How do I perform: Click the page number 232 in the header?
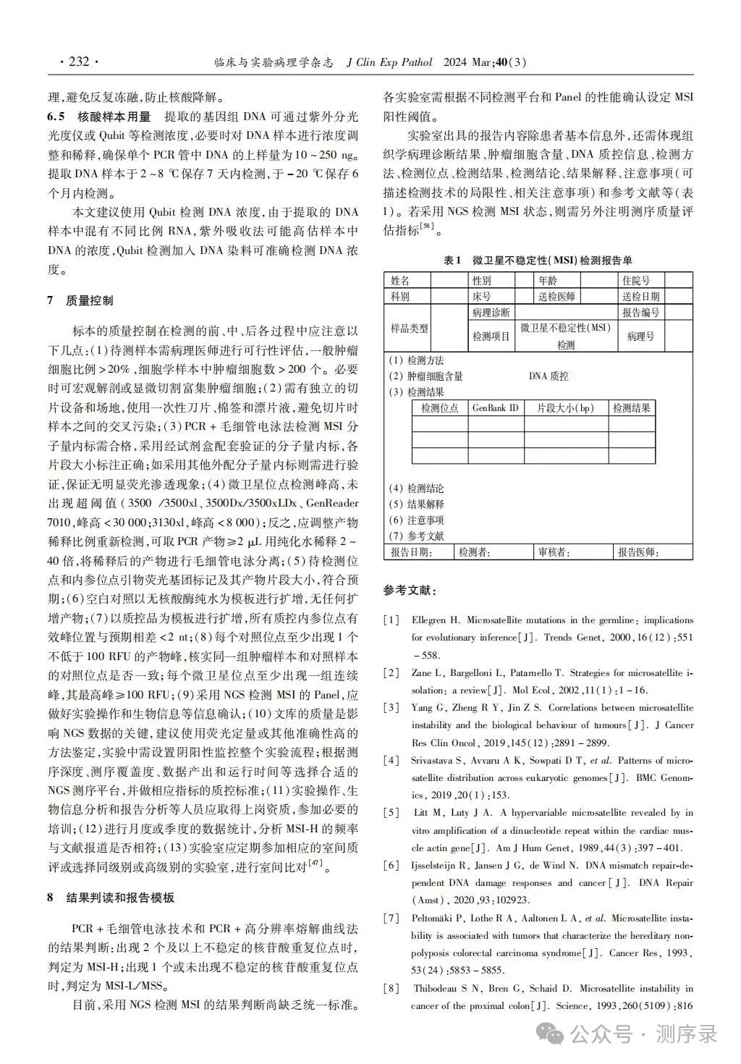(x=78, y=62)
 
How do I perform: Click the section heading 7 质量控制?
(x=80, y=300)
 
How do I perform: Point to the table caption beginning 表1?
(x=537, y=261)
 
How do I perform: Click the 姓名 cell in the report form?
(x=400, y=280)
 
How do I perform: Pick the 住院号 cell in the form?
(x=635, y=280)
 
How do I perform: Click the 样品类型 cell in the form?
(x=410, y=328)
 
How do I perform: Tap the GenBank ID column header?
(x=496, y=408)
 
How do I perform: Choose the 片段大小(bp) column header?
(x=565, y=408)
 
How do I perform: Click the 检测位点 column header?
(x=439, y=408)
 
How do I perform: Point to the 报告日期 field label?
(x=411, y=552)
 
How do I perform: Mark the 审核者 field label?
(x=554, y=552)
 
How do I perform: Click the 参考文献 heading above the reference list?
(x=410, y=591)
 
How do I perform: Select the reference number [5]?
(x=391, y=813)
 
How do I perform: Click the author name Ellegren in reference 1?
(x=431, y=620)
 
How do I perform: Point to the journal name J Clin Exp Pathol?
(x=389, y=62)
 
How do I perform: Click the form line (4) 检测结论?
(x=417, y=489)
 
